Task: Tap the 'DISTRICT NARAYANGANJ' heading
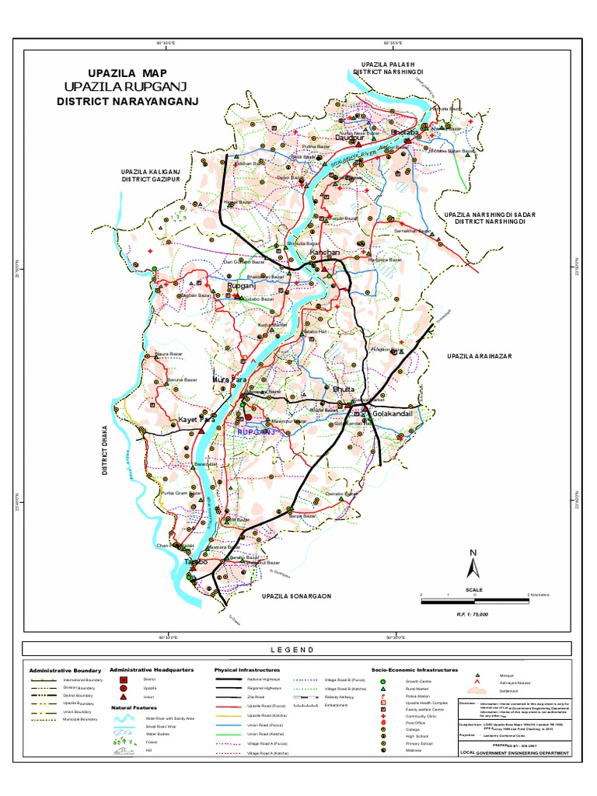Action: [x=128, y=102]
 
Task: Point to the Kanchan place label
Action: [x=304, y=254]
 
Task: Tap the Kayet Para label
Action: [x=196, y=420]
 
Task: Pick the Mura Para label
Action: [x=230, y=380]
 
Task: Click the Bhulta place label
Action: [x=343, y=388]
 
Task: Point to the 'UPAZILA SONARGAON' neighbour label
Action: [x=297, y=596]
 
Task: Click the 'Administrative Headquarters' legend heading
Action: [x=151, y=669]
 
